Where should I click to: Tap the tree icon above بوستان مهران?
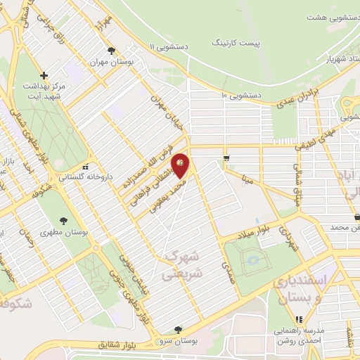[111, 50]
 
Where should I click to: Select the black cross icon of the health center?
[44, 75]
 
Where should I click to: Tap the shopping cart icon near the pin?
[226, 157]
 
